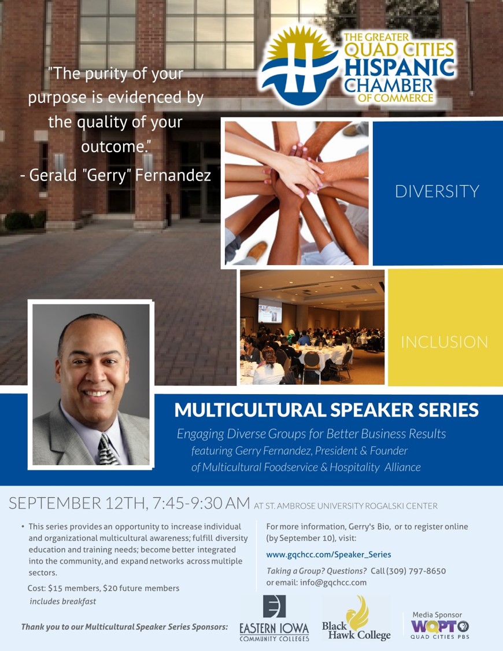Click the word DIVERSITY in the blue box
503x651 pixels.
coord(437,192)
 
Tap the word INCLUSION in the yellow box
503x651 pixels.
coord(444,342)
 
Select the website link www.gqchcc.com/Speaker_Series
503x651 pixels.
coord(328,555)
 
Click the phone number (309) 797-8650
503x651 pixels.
coord(416,571)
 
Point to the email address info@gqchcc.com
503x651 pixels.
coord(334,583)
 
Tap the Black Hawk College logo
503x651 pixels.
coord(356,619)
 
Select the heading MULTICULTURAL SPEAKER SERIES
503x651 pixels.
coord(326,410)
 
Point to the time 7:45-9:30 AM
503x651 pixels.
coord(201,503)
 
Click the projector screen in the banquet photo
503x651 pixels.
coord(270,311)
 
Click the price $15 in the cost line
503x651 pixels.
coord(55,589)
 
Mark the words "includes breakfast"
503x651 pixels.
coord(62,602)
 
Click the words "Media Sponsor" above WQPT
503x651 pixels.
coord(437,615)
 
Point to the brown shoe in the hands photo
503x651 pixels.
coord(257,251)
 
